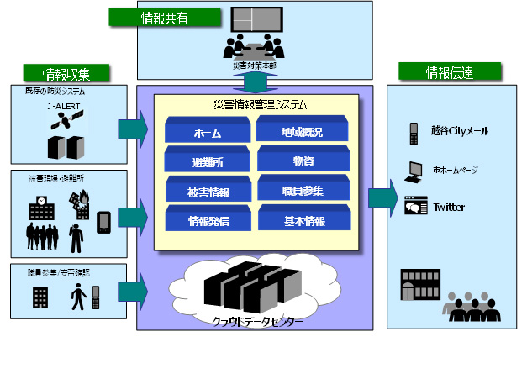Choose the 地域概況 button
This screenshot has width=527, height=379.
pos(302,131)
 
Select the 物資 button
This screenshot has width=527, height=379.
pos(302,160)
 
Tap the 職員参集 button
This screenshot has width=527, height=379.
pos(302,191)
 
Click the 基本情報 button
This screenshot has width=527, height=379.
pos(302,221)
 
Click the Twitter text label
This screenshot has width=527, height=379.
pos(450,207)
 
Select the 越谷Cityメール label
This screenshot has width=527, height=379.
pos(459,132)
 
